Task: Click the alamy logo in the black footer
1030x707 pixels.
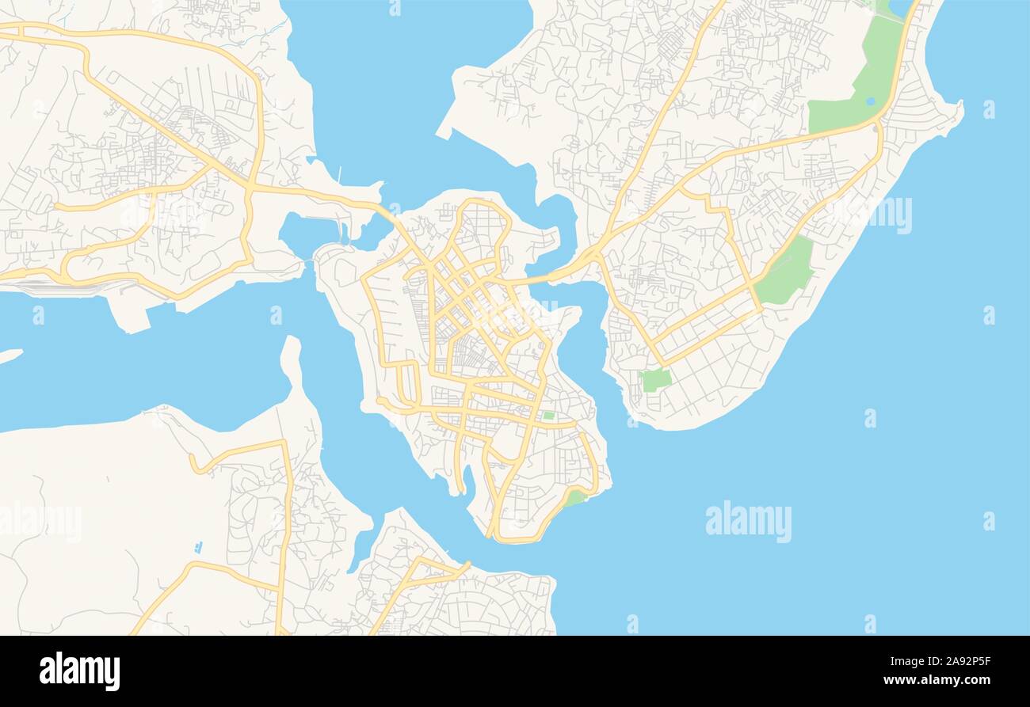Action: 79,671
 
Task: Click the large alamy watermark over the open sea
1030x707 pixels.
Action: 748,522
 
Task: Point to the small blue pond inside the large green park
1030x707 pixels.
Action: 871,101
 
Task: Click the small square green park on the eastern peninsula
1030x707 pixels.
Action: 655,380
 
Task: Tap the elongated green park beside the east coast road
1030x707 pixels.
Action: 785,272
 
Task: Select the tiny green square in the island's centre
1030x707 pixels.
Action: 548,415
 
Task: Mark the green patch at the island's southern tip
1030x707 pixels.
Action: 574,498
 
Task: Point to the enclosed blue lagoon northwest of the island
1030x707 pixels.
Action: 308,234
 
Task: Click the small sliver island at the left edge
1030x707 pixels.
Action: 10,355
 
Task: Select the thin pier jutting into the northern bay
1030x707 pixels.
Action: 340,173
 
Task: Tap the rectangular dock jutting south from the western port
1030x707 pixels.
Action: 132,317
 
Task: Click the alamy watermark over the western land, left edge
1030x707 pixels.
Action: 40,523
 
